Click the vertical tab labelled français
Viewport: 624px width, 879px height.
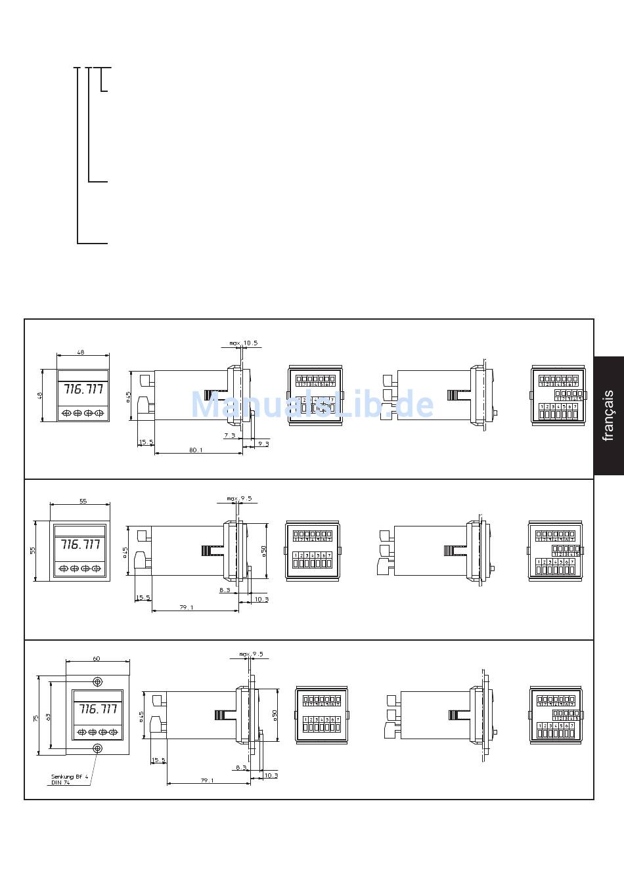608,416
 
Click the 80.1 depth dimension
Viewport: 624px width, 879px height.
196,450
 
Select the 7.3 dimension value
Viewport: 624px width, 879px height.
229,435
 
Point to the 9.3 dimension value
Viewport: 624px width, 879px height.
263,444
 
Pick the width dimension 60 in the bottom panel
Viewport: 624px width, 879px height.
97,658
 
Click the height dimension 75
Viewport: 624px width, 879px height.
36,718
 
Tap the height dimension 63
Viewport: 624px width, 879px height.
48,718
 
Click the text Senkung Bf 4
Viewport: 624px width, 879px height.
70,777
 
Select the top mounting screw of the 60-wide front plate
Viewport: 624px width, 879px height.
98,681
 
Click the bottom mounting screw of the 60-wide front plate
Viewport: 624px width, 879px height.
98,748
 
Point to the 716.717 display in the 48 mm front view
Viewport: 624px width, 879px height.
83,389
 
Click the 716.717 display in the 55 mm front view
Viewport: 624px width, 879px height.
80,544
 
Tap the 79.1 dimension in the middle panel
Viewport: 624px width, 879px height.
187,608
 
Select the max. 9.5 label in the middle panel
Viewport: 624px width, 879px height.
239,498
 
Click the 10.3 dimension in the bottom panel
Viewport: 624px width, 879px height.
270,775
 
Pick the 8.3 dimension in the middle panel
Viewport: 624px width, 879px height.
225,590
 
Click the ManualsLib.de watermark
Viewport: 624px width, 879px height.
312,405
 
